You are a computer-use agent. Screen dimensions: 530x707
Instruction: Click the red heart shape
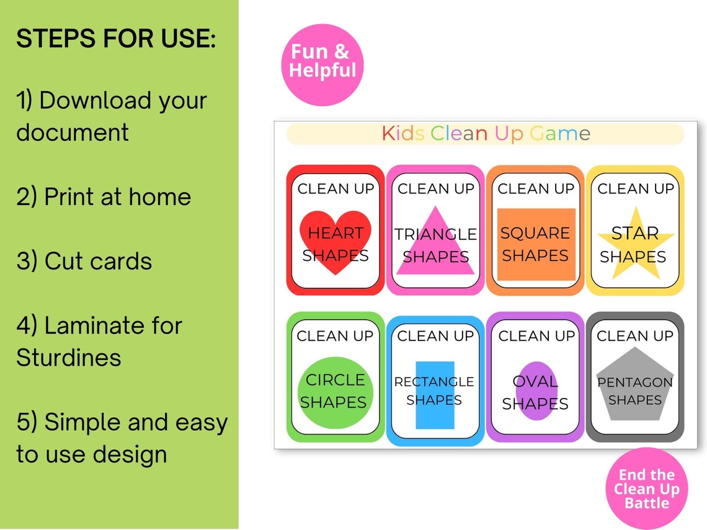click(x=336, y=242)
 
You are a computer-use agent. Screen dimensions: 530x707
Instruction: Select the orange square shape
click(x=536, y=244)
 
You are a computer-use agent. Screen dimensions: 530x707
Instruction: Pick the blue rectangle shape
click(x=435, y=395)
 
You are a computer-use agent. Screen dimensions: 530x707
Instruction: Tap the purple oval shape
click(x=536, y=391)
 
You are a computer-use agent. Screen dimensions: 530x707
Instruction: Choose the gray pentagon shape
click(x=634, y=391)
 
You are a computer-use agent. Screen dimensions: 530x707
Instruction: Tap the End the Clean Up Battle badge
click(x=647, y=488)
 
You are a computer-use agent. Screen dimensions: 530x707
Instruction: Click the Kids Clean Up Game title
click(x=486, y=134)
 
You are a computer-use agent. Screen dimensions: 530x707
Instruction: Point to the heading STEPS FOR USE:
click(x=116, y=40)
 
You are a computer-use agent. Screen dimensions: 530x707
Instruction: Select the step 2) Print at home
click(x=104, y=197)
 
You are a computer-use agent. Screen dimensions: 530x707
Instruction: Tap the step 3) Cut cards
click(x=84, y=261)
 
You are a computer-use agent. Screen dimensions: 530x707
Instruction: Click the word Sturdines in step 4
click(x=68, y=358)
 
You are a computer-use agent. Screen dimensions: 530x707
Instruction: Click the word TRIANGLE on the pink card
click(x=436, y=234)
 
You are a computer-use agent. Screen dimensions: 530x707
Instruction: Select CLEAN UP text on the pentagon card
click(x=634, y=336)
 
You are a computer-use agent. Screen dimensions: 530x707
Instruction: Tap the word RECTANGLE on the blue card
click(x=434, y=382)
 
